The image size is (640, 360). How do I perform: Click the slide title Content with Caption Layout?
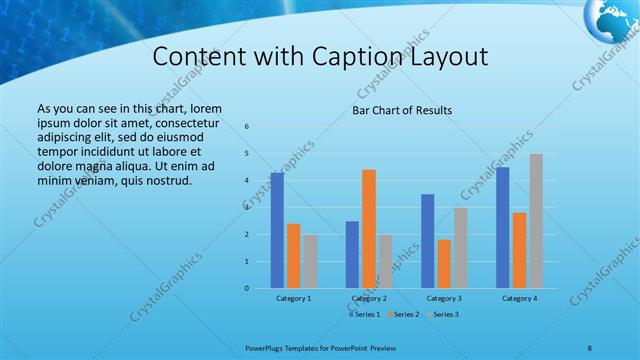320,57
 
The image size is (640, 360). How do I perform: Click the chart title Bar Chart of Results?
402,110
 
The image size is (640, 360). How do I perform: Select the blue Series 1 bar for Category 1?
277,230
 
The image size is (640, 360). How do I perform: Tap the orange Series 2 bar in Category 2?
369,229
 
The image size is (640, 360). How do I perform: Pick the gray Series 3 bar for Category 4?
536,221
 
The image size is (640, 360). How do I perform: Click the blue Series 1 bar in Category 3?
428,241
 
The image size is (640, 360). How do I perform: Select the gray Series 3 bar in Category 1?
310,261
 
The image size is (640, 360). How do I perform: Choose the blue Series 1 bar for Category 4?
503,227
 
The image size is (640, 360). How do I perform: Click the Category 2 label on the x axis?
369,298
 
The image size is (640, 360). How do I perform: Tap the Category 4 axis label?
519,298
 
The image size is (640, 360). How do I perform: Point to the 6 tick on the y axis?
247,126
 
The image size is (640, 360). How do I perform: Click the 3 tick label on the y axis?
247,207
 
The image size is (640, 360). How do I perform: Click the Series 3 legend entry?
442,315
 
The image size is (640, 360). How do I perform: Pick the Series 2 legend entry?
404,315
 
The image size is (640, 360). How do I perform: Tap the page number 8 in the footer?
589,347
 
